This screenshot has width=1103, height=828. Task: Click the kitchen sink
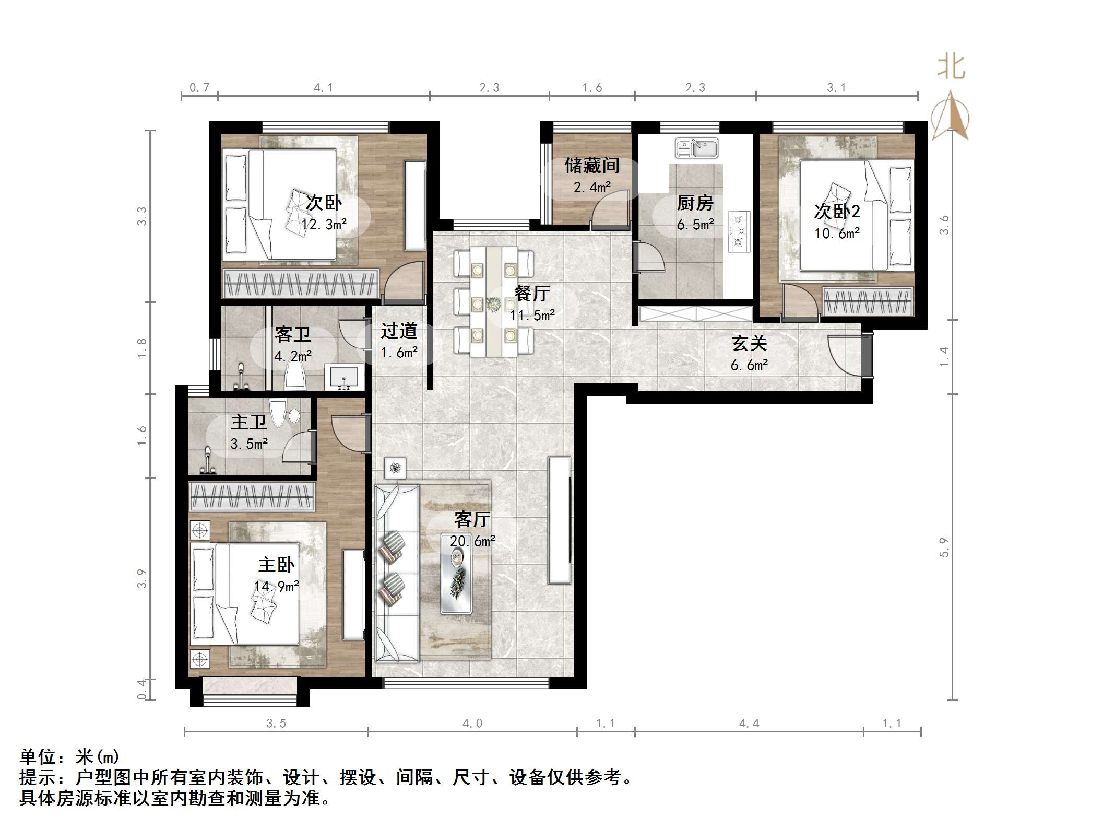point(696,148)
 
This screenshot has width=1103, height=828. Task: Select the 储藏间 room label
point(592,166)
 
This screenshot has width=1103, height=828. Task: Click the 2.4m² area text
point(592,186)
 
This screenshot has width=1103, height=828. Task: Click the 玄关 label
point(749,343)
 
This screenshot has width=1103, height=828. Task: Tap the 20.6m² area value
point(472,541)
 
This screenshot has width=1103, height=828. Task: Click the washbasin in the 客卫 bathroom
point(343,377)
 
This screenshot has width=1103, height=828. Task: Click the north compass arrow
point(951,116)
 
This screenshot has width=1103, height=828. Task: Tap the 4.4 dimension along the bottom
point(749,724)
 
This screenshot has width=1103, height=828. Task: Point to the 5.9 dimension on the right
point(944,547)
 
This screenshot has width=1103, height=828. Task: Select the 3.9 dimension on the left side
point(142,578)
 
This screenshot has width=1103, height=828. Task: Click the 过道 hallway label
point(399,331)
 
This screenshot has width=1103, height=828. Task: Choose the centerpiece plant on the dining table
point(493,304)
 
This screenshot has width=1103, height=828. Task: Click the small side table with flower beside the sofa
point(395,468)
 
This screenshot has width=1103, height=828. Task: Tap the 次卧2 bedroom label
point(837,212)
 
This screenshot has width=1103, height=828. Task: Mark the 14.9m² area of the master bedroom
point(277,586)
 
